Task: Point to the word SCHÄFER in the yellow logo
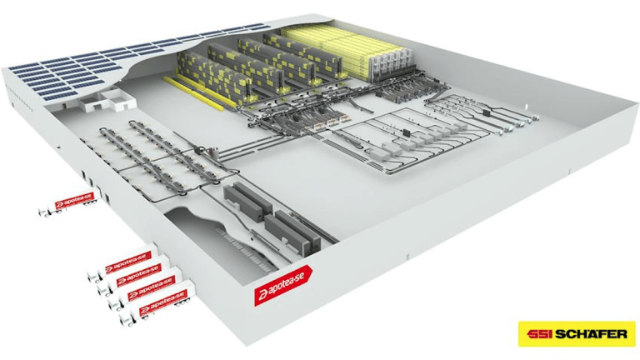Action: coord(591,335)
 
